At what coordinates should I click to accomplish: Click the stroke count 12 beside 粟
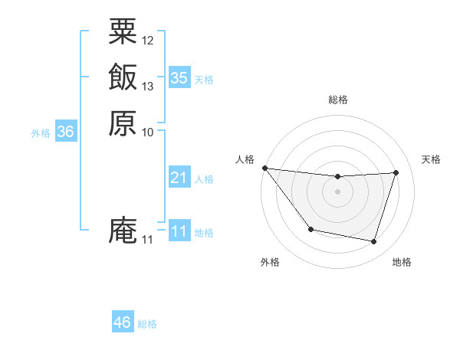[148, 40]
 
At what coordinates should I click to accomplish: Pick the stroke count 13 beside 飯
[148, 86]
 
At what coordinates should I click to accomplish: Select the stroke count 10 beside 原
[148, 132]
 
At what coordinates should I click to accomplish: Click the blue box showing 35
[179, 77]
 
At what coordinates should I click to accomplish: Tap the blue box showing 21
[179, 178]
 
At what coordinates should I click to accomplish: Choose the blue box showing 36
[66, 133]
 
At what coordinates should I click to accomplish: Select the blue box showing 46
[123, 322]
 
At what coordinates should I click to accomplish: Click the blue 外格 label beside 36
[41, 133]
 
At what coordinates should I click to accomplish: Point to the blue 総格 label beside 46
[147, 324]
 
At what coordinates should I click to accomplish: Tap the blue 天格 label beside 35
[204, 79]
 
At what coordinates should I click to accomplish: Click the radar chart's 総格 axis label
[338, 100]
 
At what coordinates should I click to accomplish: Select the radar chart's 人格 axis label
[245, 159]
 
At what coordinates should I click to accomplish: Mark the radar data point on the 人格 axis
[265, 168]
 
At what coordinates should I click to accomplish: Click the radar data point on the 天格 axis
[396, 172]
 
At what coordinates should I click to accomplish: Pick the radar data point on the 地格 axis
[374, 242]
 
